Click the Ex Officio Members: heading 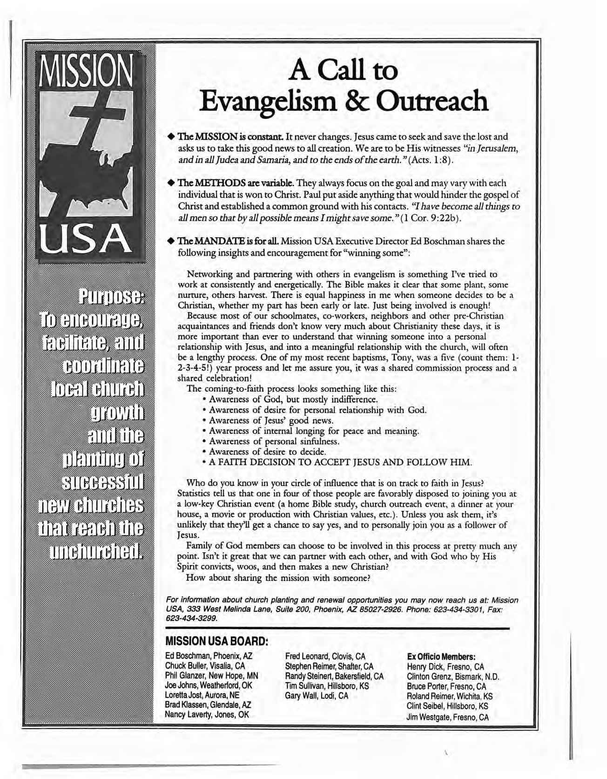tap(440, 657)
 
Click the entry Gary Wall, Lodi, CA tap(317, 696)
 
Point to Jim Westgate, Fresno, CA tap(447, 718)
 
